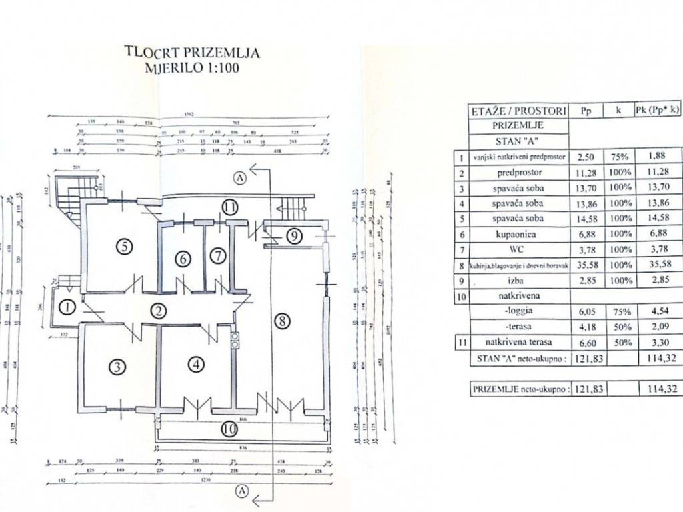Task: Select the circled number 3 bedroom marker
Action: pos(117,366)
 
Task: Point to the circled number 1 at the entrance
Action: pos(67,307)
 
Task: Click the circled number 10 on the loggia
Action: pos(229,429)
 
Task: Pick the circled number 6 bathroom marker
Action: pos(183,259)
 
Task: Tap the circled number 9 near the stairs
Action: pos(295,235)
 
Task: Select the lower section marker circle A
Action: pos(241,491)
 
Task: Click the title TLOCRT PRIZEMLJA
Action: pos(193,52)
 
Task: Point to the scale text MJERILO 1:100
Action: pos(192,67)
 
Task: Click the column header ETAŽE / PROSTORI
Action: pos(518,111)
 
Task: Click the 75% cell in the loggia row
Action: pos(619,311)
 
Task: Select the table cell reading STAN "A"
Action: pos(518,141)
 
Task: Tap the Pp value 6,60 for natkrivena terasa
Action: pos(586,342)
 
